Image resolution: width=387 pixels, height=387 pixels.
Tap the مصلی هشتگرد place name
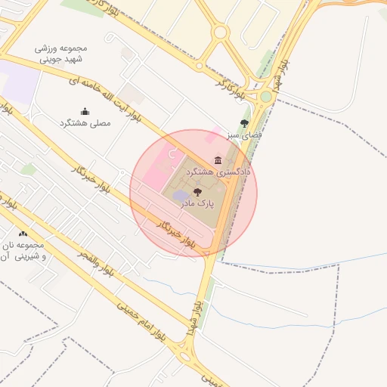[x=85, y=122]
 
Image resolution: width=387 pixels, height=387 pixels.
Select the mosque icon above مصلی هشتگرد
[x=85, y=111]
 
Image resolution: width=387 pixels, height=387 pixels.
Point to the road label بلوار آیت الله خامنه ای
[x=105, y=98]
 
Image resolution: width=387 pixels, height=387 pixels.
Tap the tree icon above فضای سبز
[x=244, y=122]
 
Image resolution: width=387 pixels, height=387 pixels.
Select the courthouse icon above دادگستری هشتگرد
[x=218, y=160]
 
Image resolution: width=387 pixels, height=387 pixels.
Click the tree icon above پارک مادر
[x=198, y=192]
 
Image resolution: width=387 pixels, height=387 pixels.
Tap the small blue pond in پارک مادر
[x=181, y=197]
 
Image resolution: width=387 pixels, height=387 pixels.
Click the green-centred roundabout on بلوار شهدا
[x=266, y=97]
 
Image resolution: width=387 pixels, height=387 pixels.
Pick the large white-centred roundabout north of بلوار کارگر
[x=220, y=32]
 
